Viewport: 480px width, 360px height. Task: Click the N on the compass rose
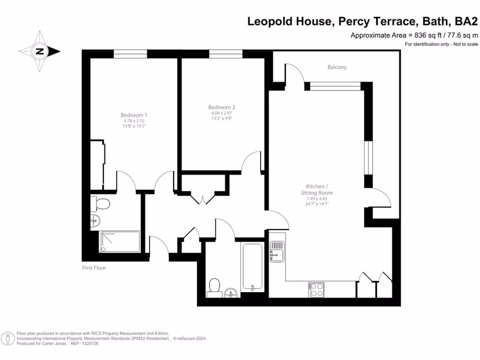tap(40, 52)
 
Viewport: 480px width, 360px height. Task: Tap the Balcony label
tap(337, 67)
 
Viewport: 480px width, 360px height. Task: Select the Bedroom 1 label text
tap(134, 115)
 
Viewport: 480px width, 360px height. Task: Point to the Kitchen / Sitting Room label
tap(316, 189)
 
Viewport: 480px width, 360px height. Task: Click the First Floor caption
tap(94, 268)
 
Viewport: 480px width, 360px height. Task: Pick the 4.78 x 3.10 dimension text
tap(134, 121)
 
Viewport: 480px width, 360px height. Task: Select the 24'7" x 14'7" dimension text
tap(316, 204)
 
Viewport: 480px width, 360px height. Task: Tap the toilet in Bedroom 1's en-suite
tap(100, 204)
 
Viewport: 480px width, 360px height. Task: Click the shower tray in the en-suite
tap(120, 241)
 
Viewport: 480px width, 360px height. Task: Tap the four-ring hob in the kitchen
tap(316, 290)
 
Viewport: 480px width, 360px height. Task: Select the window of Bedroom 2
tap(222, 54)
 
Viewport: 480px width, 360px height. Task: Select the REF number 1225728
tap(89, 344)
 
